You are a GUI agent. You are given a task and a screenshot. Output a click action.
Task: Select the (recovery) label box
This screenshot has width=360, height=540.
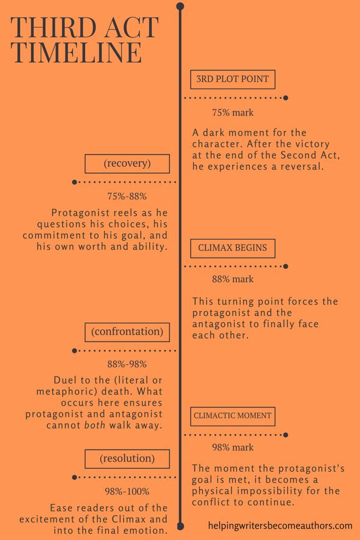(x=127, y=164)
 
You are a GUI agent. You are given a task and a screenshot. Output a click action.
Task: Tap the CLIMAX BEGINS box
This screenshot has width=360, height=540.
(x=232, y=248)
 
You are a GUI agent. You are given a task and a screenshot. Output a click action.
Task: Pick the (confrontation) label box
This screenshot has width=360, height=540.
(x=127, y=332)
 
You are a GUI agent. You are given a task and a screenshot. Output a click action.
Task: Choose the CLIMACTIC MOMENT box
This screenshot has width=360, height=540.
(x=232, y=416)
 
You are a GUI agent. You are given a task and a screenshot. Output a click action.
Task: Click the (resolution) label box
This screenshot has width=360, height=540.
(x=127, y=459)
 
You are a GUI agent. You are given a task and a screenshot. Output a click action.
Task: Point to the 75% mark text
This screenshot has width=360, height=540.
(x=233, y=112)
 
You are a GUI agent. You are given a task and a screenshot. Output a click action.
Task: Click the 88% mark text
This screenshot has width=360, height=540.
(x=233, y=279)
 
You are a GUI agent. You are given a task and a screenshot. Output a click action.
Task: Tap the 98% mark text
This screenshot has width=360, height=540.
(x=233, y=447)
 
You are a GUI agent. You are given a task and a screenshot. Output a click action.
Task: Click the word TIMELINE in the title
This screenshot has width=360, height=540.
(x=77, y=52)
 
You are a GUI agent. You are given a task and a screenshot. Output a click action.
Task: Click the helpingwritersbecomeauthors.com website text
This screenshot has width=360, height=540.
(x=280, y=526)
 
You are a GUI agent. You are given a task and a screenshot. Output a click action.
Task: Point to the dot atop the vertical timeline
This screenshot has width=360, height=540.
(x=180, y=6)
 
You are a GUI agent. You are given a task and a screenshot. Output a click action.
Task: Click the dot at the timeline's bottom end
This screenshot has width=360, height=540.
(x=180, y=526)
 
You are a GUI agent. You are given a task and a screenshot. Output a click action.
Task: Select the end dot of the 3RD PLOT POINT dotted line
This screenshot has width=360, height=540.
(x=286, y=98)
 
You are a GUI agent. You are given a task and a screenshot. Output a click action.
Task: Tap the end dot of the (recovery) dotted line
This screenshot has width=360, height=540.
(x=74, y=182)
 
